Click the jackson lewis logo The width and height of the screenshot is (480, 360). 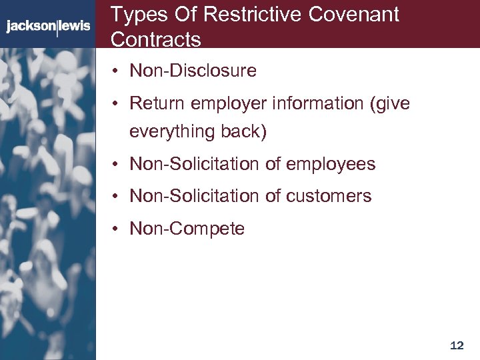click(48, 27)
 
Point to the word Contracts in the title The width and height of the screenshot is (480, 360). click(155, 39)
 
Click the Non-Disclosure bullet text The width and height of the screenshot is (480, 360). click(193, 71)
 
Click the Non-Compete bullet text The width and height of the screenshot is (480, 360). click(187, 229)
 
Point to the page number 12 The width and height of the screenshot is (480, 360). click(457, 345)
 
